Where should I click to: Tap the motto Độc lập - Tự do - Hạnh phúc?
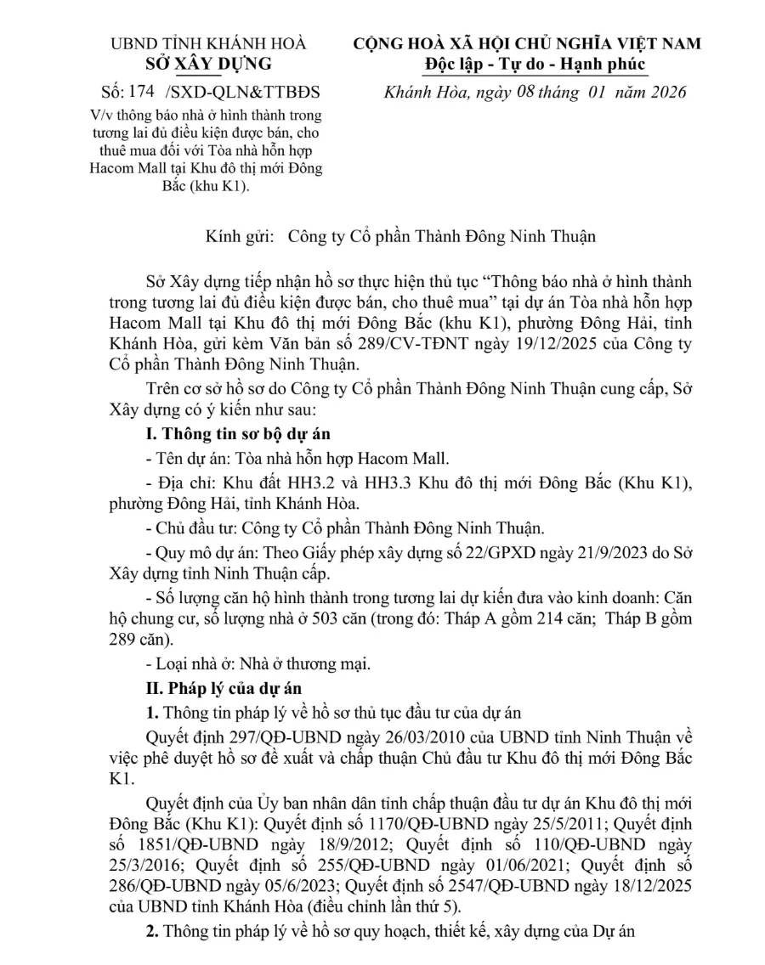(x=535, y=64)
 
